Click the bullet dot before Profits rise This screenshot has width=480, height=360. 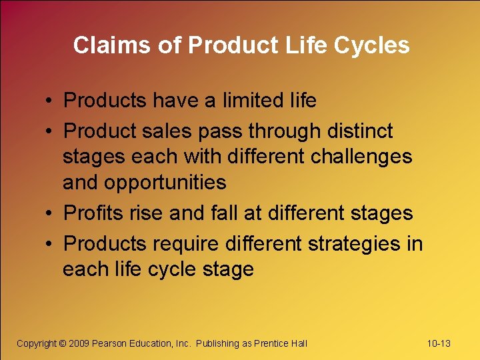click(x=51, y=214)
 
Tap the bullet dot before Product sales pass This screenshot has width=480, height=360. click(x=51, y=132)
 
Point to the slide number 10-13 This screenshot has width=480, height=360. click(x=439, y=343)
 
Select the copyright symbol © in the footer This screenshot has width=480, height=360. click(x=63, y=343)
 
